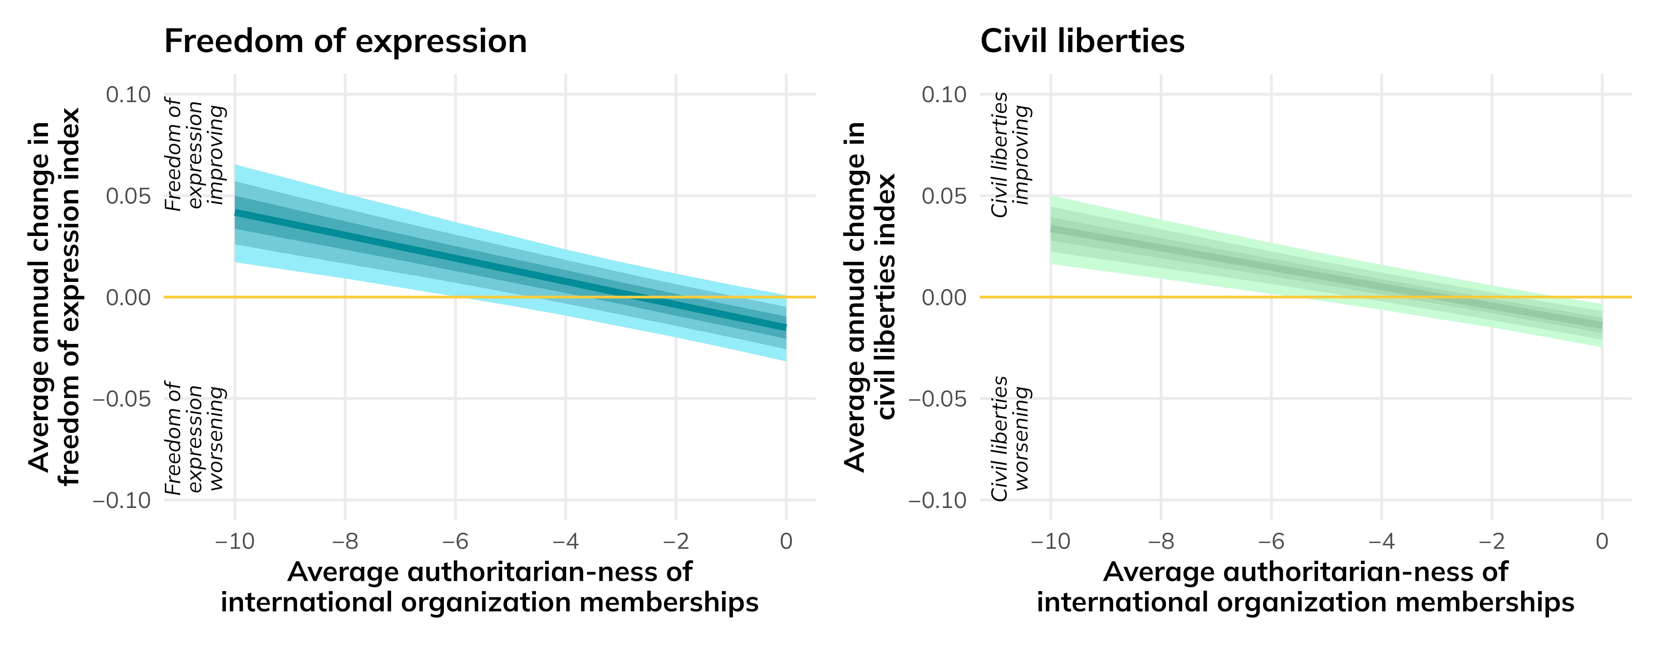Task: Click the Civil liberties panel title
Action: pos(1082,41)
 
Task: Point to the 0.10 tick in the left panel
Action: pos(128,95)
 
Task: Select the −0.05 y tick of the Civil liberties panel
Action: pos(938,399)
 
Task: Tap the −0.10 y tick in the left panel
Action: pos(122,500)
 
